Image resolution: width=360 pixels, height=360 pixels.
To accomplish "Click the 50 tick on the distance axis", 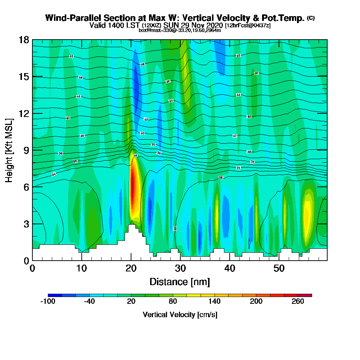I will coord(279,269).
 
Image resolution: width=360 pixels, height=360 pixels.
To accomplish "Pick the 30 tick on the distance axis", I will coord(180,269).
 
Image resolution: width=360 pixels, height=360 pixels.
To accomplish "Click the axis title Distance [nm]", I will coord(180,282).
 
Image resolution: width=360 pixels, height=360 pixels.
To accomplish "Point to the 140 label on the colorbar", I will coord(215,302).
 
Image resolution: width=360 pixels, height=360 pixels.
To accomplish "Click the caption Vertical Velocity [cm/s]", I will coord(180,315).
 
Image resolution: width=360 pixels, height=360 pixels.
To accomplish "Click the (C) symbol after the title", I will coord(311,18).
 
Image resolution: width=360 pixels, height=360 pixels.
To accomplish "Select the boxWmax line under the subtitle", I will coord(180,30).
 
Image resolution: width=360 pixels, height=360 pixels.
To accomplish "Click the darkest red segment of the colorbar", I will coord(305,295).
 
